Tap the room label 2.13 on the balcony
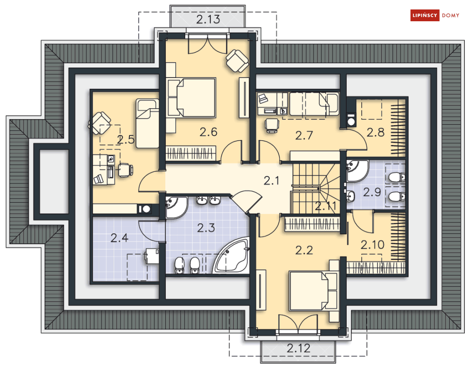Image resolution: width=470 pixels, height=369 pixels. (x=208, y=19)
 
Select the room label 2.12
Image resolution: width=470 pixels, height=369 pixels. (x=299, y=349)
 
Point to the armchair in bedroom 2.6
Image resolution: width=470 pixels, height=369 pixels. (x=236, y=60)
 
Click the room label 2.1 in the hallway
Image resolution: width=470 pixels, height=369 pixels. (x=272, y=180)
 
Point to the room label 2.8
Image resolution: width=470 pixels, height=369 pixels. (x=376, y=132)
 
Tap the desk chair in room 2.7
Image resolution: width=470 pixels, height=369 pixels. (x=272, y=124)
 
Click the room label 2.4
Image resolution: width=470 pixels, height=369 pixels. (x=120, y=238)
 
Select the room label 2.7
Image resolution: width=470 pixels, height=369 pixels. (x=304, y=136)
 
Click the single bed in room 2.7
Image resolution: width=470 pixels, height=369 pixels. (x=314, y=104)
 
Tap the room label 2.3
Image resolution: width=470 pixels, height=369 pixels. (x=206, y=228)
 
